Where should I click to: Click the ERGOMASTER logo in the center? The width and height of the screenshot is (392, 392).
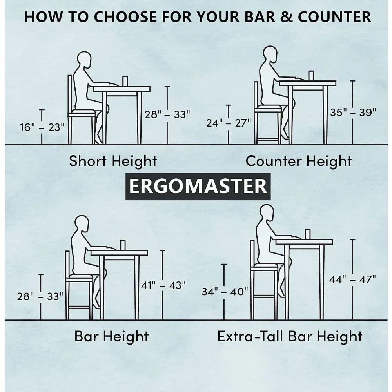pyautogui.click(x=198, y=187)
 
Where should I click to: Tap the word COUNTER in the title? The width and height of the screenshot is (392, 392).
pyautogui.click(x=334, y=17)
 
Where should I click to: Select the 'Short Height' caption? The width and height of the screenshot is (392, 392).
pyautogui.click(x=113, y=161)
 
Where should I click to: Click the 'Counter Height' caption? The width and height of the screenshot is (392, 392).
pyautogui.click(x=299, y=161)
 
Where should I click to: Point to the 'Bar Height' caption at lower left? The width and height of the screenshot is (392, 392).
pyautogui.click(x=111, y=336)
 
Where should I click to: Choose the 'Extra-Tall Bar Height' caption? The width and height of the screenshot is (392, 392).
pyautogui.click(x=290, y=336)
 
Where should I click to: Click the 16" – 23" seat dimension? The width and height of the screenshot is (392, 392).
pyautogui.click(x=42, y=127)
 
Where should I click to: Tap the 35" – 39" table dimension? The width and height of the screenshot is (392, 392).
pyautogui.click(x=353, y=112)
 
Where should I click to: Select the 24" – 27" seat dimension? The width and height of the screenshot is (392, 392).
pyautogui.click(x=229, y=123)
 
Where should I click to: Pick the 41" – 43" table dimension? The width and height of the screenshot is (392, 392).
pyautogui.click(x=163, y=285)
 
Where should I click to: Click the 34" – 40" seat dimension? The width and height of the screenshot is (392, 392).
pyautogui.click(x=225, y=292)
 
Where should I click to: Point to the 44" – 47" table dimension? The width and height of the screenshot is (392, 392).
pyautogui.click(x=352, y=279)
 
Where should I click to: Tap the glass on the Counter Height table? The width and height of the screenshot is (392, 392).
pyautogui.click(x=311, y=76)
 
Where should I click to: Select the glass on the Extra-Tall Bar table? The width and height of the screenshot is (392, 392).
pyautogui.click(x=307, y=234)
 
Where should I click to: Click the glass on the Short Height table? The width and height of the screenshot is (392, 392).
pyautogui.click(x=125, y=81)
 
